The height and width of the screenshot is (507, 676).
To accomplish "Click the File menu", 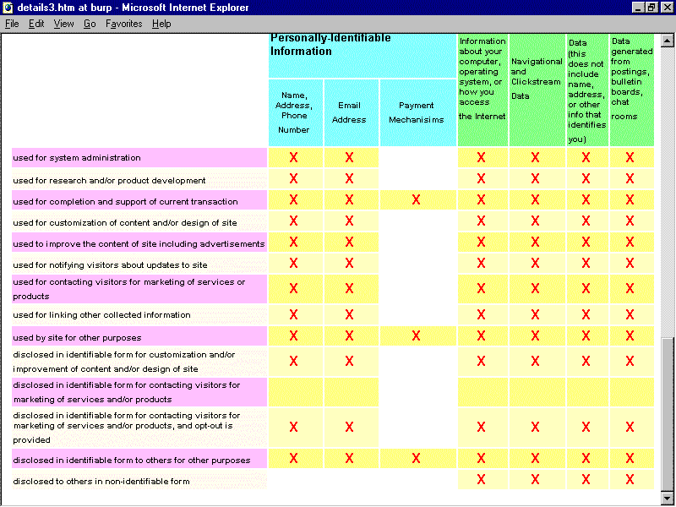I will (x=12, y=24).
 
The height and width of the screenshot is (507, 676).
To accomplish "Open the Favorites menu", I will (x=124, y=24).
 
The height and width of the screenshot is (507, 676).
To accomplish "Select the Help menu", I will (x=161, y=24).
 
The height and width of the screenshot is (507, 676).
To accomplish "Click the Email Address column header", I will (x=349, y=112).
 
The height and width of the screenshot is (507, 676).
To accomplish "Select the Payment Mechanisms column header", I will (x=417, y=112).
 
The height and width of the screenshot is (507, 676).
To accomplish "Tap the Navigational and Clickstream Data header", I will (x=537, y=79).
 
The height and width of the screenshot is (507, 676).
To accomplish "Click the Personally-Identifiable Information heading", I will (x=330, y=45).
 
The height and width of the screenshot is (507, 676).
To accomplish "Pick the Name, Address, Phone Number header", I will (x=294, y=112).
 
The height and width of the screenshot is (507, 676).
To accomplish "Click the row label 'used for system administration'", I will (x=77, y=158).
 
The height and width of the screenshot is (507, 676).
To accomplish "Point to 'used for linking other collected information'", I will (x=101, y=315).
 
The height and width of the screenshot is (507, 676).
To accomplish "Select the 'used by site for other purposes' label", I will (x=77, y=337).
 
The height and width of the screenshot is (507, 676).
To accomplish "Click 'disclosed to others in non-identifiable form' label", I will (x=101, y=482).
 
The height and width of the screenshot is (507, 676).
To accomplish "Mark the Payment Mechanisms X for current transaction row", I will (x=416, y=200).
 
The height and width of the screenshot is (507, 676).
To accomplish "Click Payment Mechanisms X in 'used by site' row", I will (x=416, y=336).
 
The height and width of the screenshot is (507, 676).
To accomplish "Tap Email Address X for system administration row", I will (x=349, y=157).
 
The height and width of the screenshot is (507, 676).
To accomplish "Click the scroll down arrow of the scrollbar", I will (x=668, y=498).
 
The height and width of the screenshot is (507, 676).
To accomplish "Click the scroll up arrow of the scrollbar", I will (x=668, y=39).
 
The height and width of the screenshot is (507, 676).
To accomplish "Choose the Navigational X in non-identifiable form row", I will (x=535, y=480).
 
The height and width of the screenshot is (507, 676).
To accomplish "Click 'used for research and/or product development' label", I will (x=109, y=181).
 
